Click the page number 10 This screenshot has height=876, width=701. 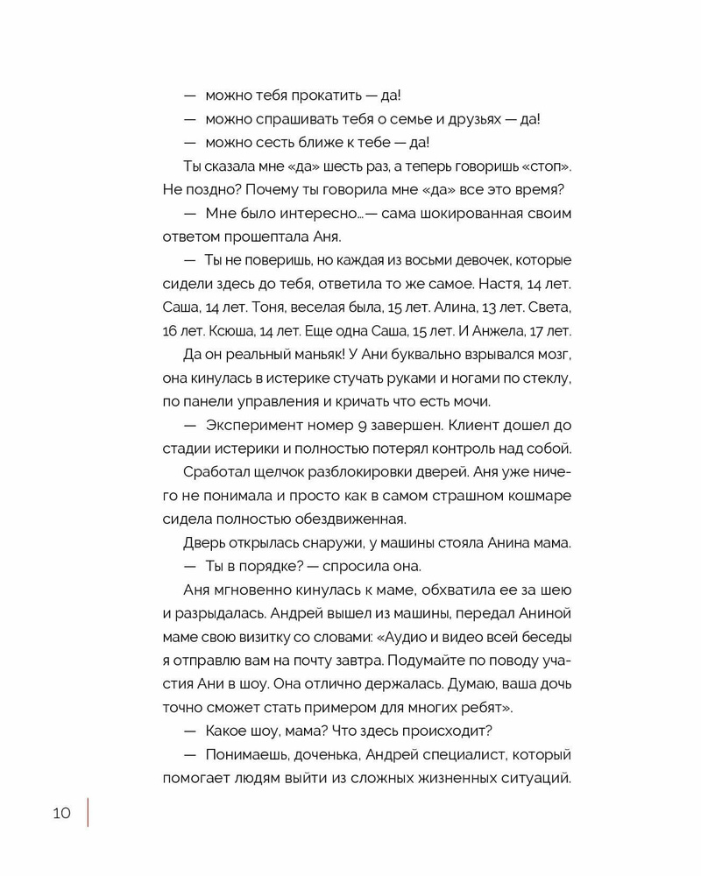coord(61,812)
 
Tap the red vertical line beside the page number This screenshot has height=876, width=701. coord(88,811)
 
